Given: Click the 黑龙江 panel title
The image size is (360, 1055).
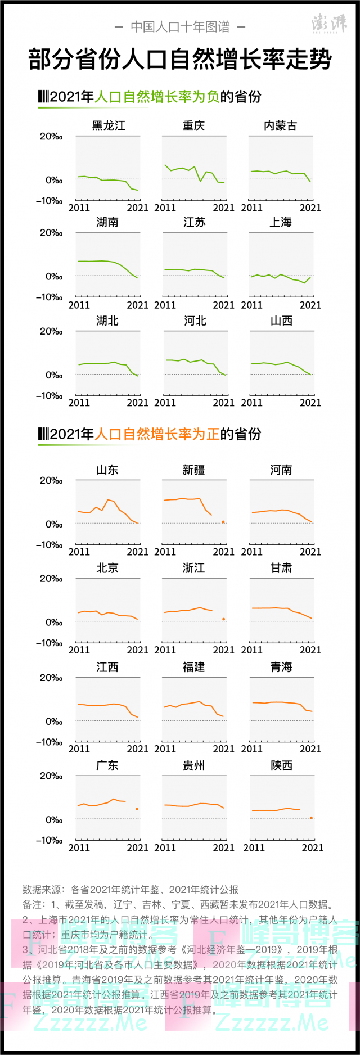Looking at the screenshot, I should [108, 125].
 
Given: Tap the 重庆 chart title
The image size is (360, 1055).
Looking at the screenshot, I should [194, 125].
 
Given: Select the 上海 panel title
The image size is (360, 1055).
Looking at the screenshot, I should [281, 222].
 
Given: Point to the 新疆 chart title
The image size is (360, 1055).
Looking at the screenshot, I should [194, 470].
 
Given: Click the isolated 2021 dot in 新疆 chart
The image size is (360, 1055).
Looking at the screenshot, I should [223, 522].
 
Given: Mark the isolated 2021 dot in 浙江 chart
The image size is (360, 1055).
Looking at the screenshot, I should [223, 619].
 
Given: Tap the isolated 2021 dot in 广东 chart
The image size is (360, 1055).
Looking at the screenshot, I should [137, 809].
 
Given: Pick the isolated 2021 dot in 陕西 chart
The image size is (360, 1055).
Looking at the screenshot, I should [311, 818].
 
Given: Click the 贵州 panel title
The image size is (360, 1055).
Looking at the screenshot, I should [194, 765].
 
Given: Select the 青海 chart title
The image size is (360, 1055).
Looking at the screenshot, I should [281, 667].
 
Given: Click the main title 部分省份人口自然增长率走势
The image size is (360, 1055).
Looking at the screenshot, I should [180, 60].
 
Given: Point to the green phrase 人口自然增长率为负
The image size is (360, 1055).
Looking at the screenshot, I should [157, 97].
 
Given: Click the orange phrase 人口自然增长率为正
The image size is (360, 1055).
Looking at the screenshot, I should [157, 434].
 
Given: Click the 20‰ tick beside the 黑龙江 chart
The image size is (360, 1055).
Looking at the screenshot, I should [51, 137].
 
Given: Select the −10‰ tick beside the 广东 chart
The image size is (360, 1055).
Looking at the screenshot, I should [49, 840].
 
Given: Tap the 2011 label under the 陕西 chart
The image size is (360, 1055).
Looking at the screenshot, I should [254, 847].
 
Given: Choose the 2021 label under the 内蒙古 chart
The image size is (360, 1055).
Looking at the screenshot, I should [310, 208].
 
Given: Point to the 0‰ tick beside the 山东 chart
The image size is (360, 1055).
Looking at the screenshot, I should [54, 524].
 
